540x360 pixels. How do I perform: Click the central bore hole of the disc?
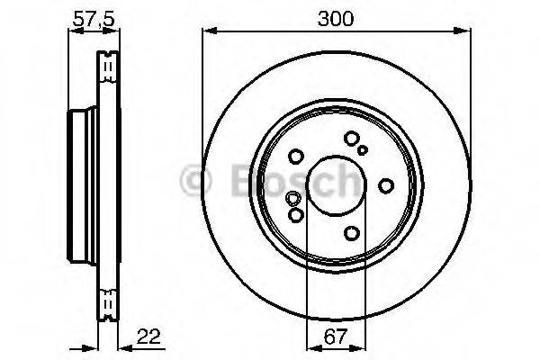(337, 186)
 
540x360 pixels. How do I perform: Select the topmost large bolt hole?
(351, 139)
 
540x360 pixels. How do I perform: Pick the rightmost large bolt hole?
(386, 185)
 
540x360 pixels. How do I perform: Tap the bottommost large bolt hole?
(351, 233)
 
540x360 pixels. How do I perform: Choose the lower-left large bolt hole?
(295, 215)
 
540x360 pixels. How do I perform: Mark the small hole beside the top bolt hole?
(363, 150)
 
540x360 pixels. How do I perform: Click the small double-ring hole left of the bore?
(292, 199)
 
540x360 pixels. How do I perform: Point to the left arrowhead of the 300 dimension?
(206, 31)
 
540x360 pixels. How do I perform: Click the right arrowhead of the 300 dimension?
(466, 31)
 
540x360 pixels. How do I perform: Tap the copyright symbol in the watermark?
(193, 182)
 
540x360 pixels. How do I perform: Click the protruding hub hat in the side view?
(81, 185)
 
